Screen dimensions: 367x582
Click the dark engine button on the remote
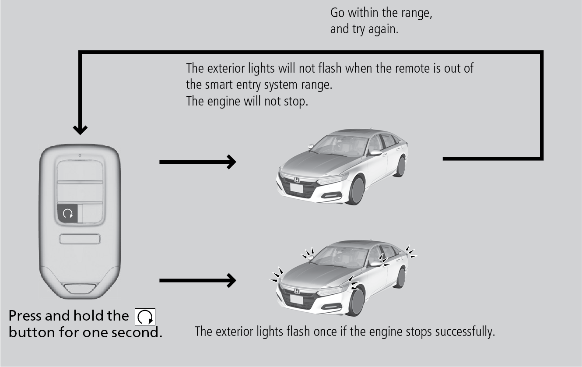68,213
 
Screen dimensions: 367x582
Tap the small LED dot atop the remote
80,155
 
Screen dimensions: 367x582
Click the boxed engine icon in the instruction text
146,317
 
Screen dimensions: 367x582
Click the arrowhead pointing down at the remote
80,129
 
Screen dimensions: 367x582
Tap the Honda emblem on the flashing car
296,291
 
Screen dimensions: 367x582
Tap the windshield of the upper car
339,145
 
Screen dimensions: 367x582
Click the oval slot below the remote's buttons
80,239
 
